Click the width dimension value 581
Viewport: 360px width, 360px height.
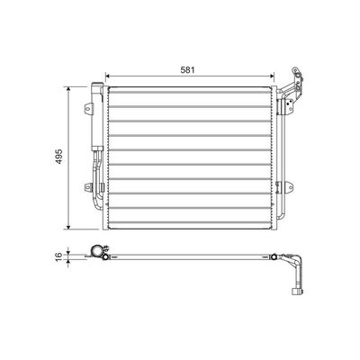(x=188, y=70)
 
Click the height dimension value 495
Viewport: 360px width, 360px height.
(x=59, y=157)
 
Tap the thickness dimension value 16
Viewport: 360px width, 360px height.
(x=59, y=256)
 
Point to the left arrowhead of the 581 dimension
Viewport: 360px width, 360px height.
(x=108, y=76)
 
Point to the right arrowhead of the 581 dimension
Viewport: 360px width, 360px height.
(x=272, y=76)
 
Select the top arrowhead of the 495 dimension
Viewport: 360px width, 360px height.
(x=68, y=89)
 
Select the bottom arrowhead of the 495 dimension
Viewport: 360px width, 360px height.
(x=68, y=227)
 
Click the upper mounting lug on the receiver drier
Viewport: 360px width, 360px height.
(x=88, y=108)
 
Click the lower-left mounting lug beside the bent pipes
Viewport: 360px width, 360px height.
(x=87, y=187)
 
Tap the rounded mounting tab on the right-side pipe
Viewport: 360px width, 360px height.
(x=289, y=187)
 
